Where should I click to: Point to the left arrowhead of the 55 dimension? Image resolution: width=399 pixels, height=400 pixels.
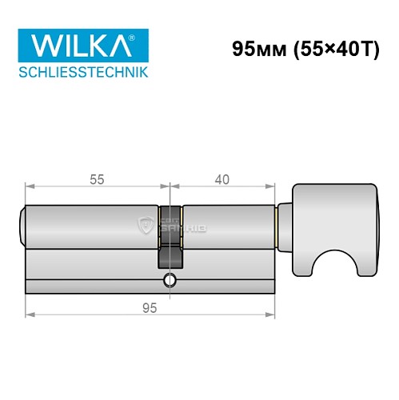click(x=30, y=190)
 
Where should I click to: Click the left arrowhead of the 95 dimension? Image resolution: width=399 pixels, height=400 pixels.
click(x=30, y=318)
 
